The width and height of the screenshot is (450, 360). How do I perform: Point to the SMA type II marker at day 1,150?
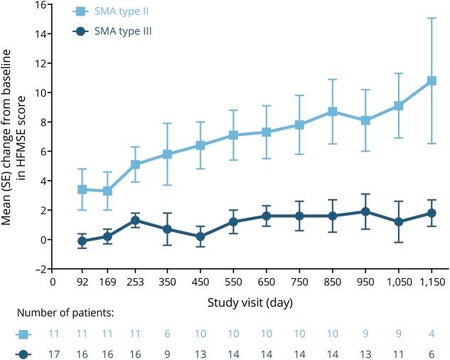coord(432,81)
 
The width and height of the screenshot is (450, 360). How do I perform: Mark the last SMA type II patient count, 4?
coord(432,333)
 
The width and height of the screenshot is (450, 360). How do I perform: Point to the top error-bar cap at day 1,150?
coord(432,18)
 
